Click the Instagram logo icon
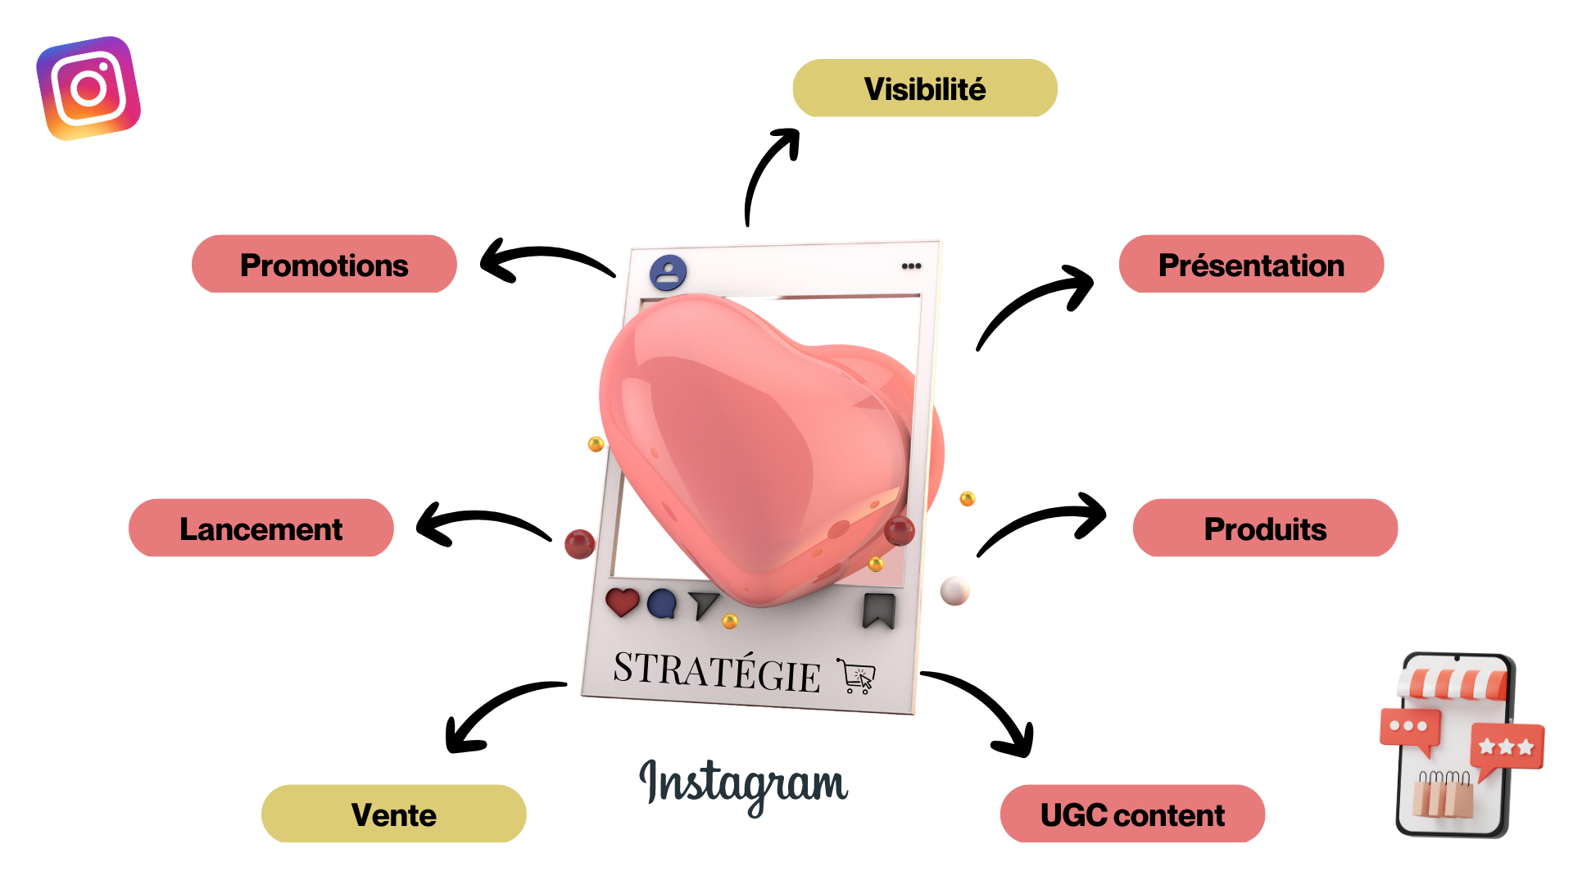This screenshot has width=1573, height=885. (x=88, y=88)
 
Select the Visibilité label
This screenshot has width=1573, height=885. (x=924, y=88)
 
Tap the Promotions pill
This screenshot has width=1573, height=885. (x=324, y=265)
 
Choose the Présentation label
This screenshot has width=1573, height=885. (x=1250, y=265)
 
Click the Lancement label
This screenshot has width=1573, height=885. (x=261, y=529)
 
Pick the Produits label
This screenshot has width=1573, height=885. (x=1264, y=529)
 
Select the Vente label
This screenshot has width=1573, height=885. (x=393, y=815)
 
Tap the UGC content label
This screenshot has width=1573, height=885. (x=1132, y=815)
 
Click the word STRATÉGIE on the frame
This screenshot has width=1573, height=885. (x=717, y=672)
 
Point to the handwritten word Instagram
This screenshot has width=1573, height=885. (x=743, y=783)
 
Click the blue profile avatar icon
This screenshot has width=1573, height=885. (x=669, y=273)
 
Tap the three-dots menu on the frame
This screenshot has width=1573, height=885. (x=911, y=266)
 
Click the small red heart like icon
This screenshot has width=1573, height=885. (x=622, y=602)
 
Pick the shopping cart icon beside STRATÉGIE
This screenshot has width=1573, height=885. (x=857, y=677)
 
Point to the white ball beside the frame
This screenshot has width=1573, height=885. (x=954, y=590)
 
